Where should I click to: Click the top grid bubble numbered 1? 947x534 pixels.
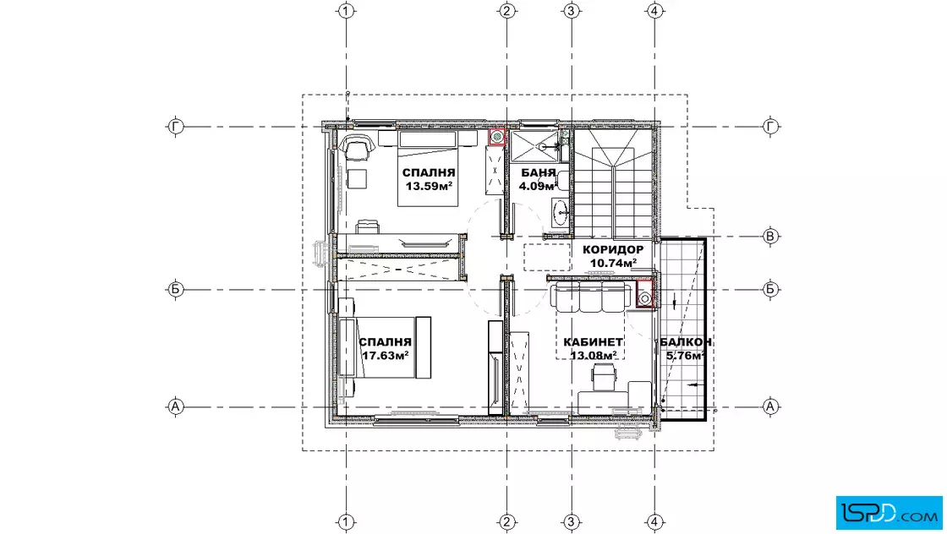346,11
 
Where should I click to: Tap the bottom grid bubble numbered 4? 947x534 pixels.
654,522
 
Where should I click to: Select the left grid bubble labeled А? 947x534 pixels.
175,406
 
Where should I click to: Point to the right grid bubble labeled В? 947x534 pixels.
770,237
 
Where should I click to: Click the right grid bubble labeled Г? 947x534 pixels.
770,127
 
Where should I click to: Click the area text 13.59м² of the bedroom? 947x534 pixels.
429,187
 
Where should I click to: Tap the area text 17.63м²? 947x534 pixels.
386,356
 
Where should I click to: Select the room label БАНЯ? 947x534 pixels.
538,173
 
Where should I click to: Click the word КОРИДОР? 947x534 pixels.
613,250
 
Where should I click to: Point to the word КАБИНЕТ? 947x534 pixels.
593,342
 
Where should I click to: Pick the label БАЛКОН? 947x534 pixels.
686,342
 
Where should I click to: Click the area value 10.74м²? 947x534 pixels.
614,263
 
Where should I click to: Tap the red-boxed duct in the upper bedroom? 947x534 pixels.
497,137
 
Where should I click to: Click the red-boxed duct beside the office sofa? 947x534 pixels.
645,294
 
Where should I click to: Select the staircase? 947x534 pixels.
613,183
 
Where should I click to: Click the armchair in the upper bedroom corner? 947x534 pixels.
357,147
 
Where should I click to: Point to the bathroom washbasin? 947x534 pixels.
561,210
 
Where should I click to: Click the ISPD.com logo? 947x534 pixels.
889,512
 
